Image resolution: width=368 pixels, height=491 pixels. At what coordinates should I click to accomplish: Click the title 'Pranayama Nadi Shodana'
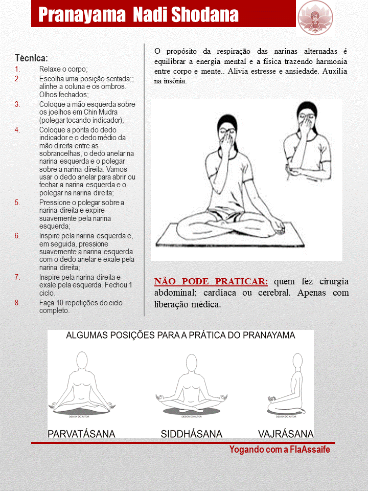[139, 15]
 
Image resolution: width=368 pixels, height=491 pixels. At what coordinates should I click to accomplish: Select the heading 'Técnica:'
[32, 58]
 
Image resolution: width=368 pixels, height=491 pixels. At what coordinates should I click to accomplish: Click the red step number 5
[17, 203]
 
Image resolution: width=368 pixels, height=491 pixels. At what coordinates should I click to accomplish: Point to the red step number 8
[17, 303]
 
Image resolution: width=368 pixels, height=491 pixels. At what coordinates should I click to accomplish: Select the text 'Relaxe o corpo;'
[63, 70]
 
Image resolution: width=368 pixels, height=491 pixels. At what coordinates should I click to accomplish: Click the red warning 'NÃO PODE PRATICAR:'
[211, 281]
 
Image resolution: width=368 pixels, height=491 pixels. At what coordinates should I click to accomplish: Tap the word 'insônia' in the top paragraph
[173, 81]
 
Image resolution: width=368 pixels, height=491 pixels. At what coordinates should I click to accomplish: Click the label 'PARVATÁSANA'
[81, 434]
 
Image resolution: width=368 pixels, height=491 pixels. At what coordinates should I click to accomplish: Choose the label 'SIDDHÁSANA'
[192, 434]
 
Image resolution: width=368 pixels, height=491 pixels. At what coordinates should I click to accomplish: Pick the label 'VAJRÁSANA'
[286, 434]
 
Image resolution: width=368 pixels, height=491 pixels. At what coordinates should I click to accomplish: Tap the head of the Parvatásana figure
[81, 359]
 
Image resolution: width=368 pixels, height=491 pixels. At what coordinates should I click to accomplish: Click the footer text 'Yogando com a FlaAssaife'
[280, 450]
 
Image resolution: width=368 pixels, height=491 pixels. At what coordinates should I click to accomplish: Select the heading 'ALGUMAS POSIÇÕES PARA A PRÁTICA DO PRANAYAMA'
[180, 336]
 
